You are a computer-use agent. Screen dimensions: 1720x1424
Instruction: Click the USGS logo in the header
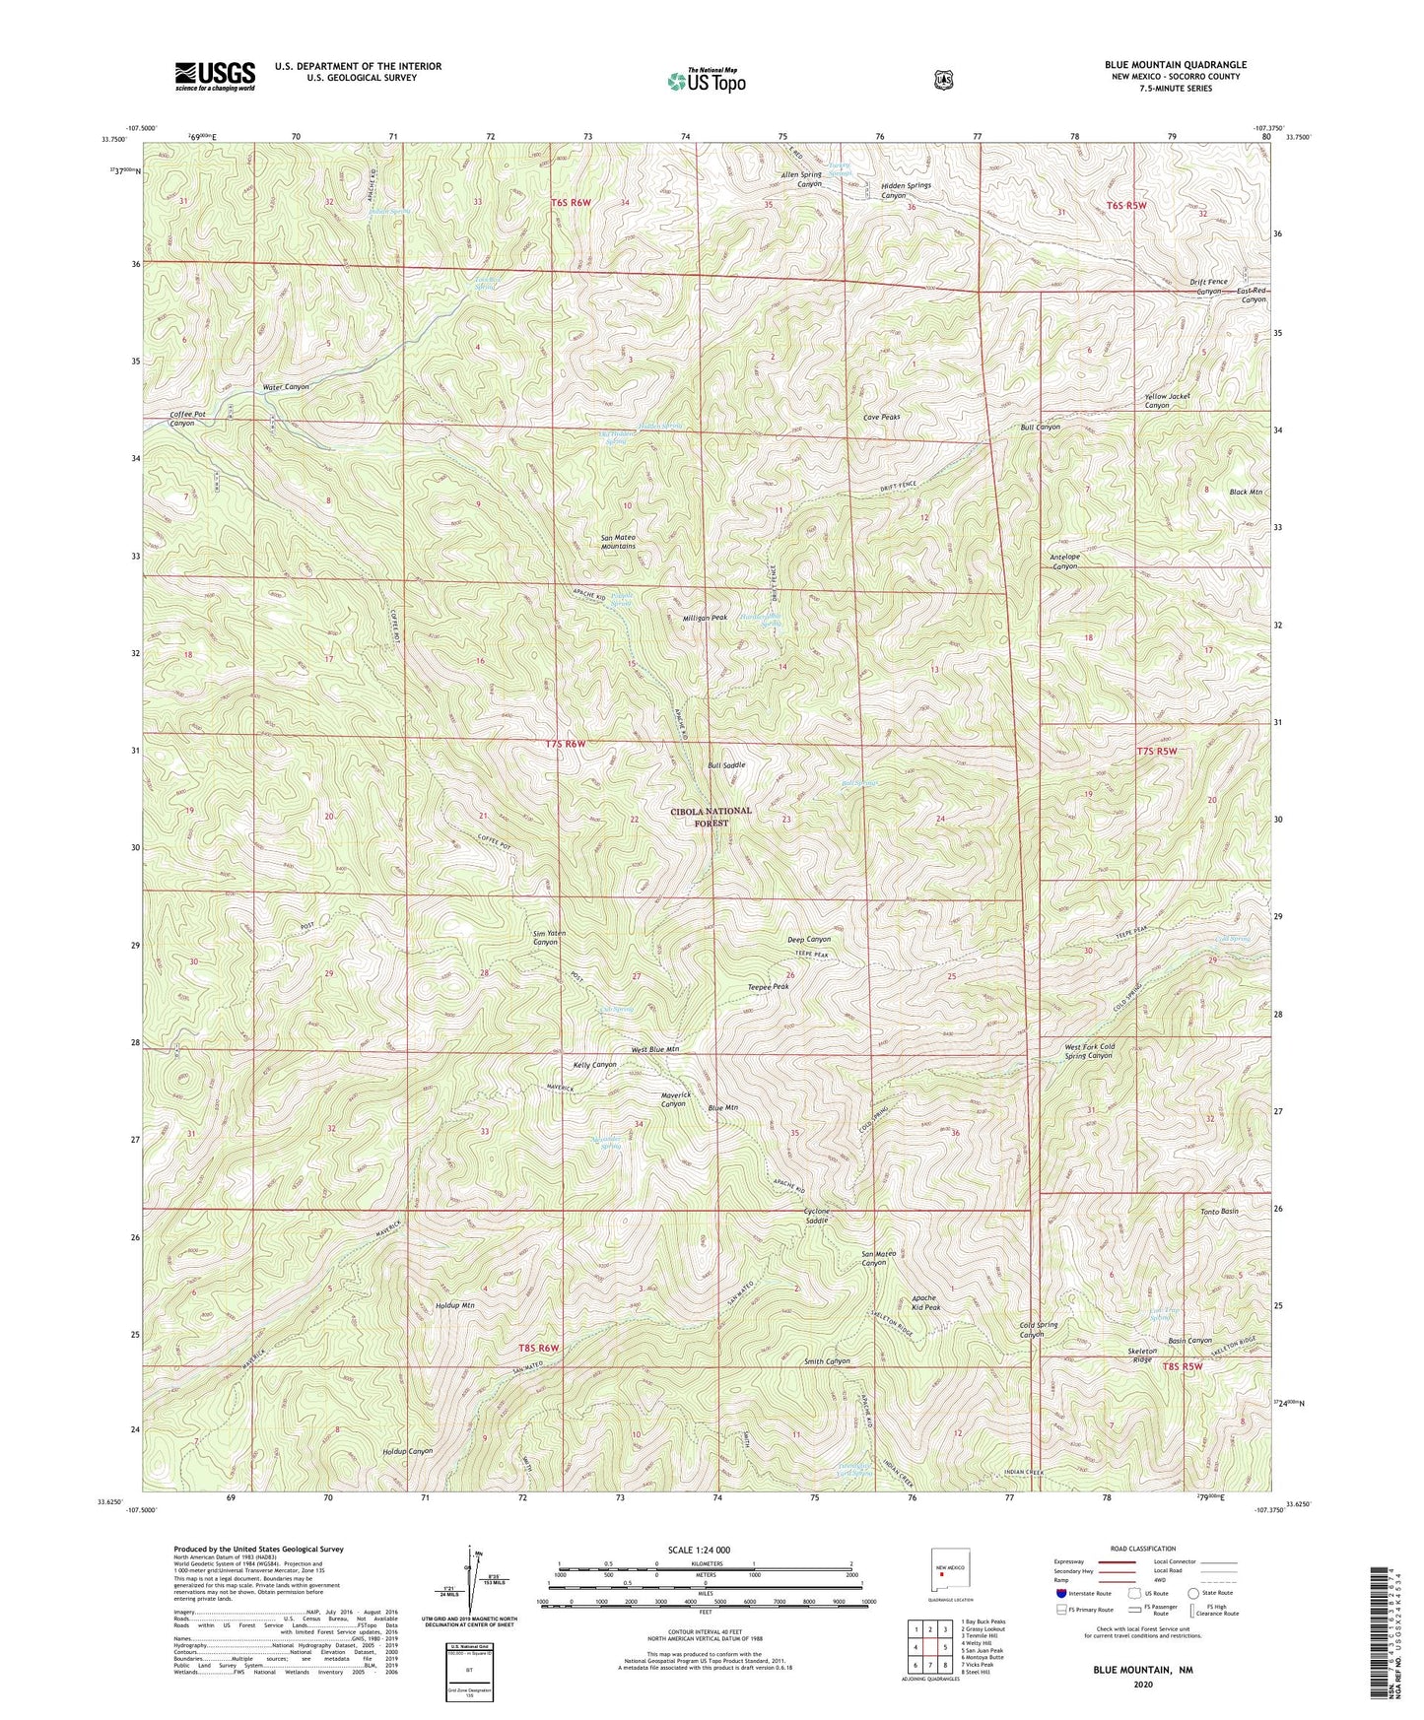point(215,75)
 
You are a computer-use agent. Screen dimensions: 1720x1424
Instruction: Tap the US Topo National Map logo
point(706,81)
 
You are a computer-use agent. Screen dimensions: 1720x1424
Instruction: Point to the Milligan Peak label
point(705,618)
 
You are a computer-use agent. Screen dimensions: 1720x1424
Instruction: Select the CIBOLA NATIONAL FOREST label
point(711,817)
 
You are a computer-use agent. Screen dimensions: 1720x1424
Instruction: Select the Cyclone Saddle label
point(802,1215)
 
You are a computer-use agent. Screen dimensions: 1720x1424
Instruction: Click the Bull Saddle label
point(726,764)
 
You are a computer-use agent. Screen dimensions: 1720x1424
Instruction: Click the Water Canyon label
point(286,387)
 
